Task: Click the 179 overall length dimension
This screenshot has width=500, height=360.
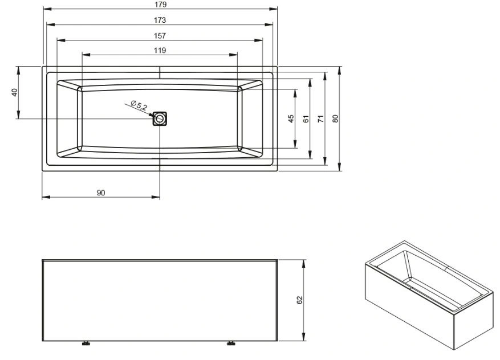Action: [x=160, y=5]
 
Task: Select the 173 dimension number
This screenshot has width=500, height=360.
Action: [x=160, y=20]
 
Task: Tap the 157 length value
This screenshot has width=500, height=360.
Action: [x=160, y=36]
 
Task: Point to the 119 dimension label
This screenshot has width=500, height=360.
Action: [x=160, y=50]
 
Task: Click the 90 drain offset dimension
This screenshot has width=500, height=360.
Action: [x=101, y=193]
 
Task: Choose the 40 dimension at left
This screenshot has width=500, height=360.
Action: [x=14, y=92]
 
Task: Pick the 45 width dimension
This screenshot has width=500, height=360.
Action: [x=291, y=119]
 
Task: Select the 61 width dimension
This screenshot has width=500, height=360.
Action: [x=306, y=119]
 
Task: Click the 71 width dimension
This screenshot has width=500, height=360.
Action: [x=321, y=119]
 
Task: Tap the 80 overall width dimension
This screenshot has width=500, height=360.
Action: [x=335, y=119]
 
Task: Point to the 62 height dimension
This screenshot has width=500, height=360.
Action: [x=300, y=300]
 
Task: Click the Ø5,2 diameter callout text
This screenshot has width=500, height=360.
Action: [x=139, y=105]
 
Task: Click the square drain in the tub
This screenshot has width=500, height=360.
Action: [x=160, y=118]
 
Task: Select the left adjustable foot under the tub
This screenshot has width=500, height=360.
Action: [x=86, y=343]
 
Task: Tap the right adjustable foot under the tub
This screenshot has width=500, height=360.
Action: [x=231, y=343]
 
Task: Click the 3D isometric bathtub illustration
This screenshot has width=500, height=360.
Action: [x=429, y=295]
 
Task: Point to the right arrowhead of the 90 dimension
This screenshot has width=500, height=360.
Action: [x=156, y=197]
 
